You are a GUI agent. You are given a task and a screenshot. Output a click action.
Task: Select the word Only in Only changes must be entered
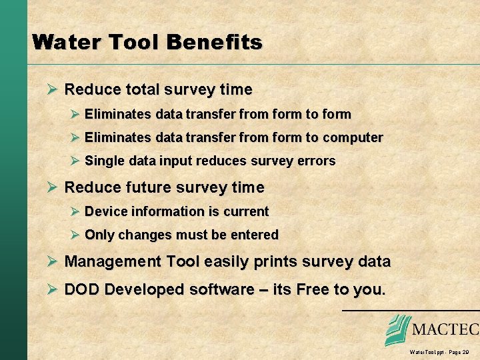tap(99, 235)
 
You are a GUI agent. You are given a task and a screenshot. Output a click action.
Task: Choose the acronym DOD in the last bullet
tap(81, 289)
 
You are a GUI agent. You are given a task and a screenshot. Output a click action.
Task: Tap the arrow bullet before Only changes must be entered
tap(75, 235)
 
